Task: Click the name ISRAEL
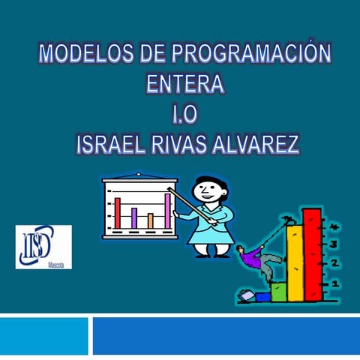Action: (x=117, y=144)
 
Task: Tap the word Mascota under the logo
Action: (x=54, y=264)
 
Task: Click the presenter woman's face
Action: (x=206, y=190)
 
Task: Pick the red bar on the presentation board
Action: (x=118, y=212)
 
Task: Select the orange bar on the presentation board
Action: (x=151, y=220)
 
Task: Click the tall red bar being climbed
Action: (x=311, y=255)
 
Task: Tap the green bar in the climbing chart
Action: (x=278, y=289)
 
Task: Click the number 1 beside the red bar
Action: (x=334, y=283)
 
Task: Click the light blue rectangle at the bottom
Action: (x=43, y=335)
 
